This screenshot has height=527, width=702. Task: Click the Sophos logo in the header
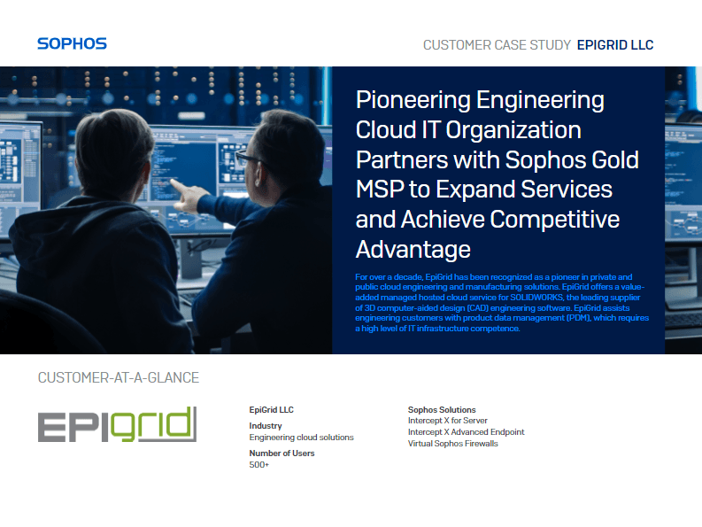[x=72, y=43]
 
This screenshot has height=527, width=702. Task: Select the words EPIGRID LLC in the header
[x=615, y=45]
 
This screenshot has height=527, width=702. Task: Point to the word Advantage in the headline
[x=413, y=248]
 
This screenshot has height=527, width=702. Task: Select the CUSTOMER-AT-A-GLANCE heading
[x=118, y=378]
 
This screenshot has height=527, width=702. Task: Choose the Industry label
[x=266, y=426]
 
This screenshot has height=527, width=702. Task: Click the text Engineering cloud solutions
[x=301, y=438]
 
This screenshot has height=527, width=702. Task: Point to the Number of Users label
[x=282, y=453]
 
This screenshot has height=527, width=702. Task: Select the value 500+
[x=259, y=465]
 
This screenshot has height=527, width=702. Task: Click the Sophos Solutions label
[x=442, y=410]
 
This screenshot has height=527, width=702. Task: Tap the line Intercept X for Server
[x=447, y=421]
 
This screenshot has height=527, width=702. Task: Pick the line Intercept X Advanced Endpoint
[x=466, y=432]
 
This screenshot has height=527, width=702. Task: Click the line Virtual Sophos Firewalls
[x=452, y=444]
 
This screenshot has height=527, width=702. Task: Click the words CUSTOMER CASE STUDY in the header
[x=497, y=45]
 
